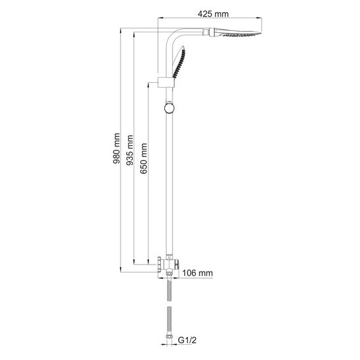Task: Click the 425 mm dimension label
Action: click(x=213, y=14)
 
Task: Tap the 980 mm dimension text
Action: click(x=117, y=148)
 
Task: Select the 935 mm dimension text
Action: click(x=129, y=150)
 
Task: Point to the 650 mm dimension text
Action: click(x=143, y=159)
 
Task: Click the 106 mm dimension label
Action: click(x=198, y=273)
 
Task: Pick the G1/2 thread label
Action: click(x=188, y=340)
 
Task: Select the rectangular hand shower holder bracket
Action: click(x=166, y=83)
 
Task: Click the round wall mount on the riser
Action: click(x=169, y=107)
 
